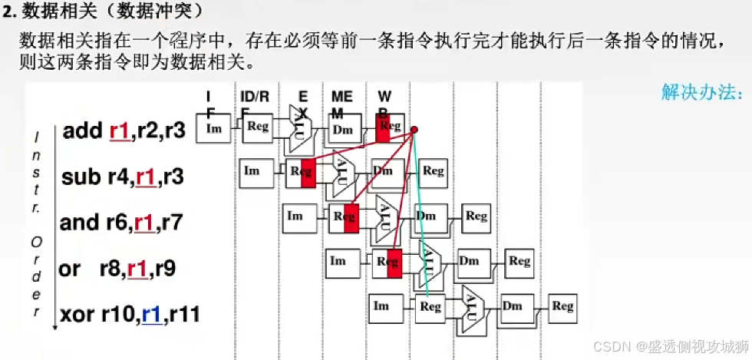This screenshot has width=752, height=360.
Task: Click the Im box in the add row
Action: tap(214, 129)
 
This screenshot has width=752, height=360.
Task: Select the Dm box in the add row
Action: tap(342, 129)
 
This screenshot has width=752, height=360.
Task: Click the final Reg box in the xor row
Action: tap(562, 306)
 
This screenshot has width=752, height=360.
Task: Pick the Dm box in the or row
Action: tap(470, 262)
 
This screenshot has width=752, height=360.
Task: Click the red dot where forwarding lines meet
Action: tap(414, 130)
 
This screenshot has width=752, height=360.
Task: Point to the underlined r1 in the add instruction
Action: tap(120, 130)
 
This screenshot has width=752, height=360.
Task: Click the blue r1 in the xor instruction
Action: tap(151, 315)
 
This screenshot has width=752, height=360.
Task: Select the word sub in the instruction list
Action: tap(81, 177)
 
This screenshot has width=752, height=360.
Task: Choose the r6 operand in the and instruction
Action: tap(117, 223)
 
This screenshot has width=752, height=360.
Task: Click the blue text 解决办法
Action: tap(702, 94)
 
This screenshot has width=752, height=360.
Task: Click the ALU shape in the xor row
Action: tap(470, 308)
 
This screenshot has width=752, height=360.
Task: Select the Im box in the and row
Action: tap(295, 216)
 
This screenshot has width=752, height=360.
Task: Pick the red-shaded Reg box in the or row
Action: tap(388, 263)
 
